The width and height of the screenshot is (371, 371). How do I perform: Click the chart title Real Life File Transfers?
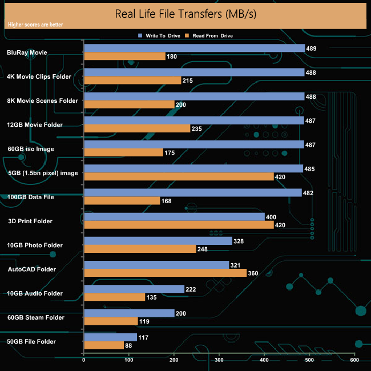click(x=185, y=13)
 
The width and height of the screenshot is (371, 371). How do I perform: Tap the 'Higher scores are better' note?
click(x=36, y=25)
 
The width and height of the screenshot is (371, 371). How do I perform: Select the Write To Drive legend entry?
click(x=159, y=35)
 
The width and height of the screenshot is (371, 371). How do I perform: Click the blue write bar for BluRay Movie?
click(x=194, y=49)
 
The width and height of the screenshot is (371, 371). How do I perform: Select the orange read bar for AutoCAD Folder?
click(x=165, y=273)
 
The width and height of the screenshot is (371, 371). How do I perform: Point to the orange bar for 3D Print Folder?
click(x=179, y=225)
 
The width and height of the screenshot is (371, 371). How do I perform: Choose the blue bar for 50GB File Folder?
click(x=110, y=337)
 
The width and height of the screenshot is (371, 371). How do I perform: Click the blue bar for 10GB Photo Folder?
click(x=158, y=241)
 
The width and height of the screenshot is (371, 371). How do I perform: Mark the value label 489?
click(x=312, y=49)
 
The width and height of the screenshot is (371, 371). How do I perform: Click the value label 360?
click(x=253, y=273)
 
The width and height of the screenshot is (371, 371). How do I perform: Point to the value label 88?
click(x=130, y=345)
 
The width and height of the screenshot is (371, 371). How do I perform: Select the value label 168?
click(x=167, y=201)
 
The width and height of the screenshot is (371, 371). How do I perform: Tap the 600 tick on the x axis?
click(x=354, y=360)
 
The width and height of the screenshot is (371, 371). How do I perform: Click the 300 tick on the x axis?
click(x=219, y=360)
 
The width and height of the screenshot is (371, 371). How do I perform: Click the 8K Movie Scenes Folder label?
click(x=42, y=100)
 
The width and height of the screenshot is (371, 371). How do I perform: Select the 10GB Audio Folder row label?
click(x=35, y=293)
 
